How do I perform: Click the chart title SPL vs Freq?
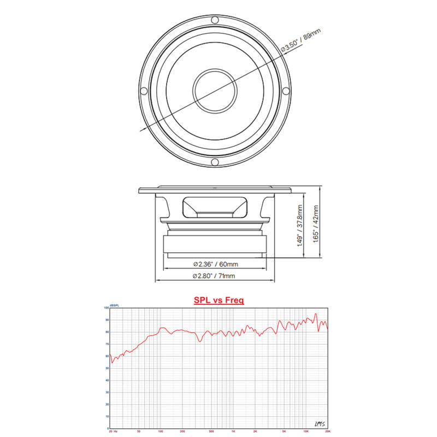click(218, 300)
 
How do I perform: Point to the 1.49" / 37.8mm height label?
click(299, 226)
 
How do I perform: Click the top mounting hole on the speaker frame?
click(215, 20)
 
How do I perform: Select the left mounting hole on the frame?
click(144, 91)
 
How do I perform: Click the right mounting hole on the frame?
click(285, 91)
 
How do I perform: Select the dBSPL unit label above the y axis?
click(114, 305)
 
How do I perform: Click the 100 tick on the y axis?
click(107, 308)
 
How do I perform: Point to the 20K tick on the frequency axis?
click(327, 432)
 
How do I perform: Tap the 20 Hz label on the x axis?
click(113, 432)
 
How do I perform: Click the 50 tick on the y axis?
click(107, 369)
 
